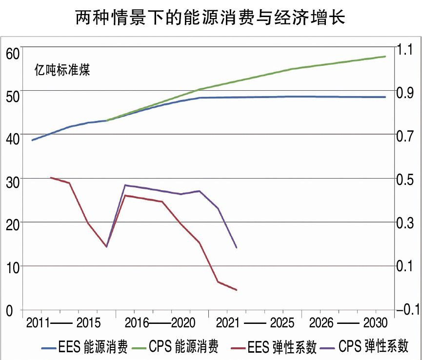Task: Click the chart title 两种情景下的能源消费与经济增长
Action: click(x=211, y=18)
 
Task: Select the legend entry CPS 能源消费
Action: click(x=183, y=347)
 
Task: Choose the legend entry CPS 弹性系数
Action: click(x=373, y=347)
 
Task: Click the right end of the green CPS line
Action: click(x=385, y=57)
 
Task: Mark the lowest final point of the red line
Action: click(x=236, y=290)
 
